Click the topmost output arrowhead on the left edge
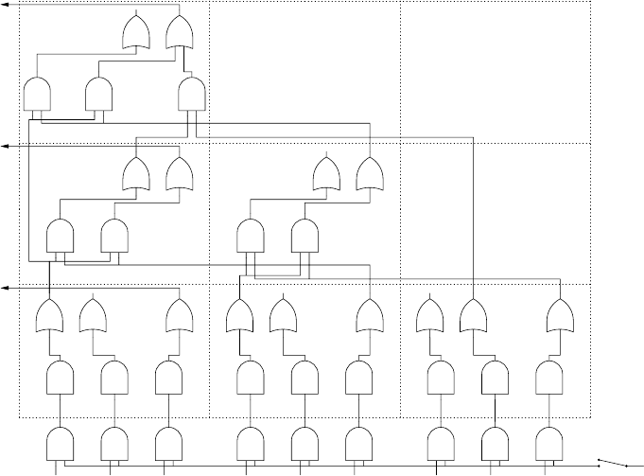[5, 6]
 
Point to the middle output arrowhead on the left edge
[5, 147]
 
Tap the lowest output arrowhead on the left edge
[5, 288]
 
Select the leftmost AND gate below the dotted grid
[61, 442]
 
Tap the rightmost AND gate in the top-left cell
[192, 94]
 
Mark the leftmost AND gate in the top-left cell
[37, 94]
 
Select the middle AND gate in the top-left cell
[98, 94]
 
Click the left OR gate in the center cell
[327, 173]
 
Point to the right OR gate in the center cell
[369, 173]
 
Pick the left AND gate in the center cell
[250, 235]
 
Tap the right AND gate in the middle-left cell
[114, 235]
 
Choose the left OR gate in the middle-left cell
[138, 173]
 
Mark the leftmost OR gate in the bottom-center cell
[239, 314]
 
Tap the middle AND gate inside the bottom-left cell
[114, 378]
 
